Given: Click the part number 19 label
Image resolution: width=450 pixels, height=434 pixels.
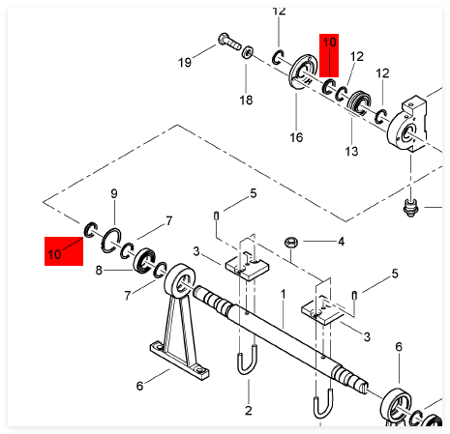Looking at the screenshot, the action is [x=185, y=62].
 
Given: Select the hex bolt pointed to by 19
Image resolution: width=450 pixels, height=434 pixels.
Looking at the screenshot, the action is [x=229, y=42].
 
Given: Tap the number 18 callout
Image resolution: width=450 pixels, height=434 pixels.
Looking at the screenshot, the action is [x=246, y=101].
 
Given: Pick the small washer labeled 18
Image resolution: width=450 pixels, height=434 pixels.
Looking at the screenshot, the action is [x=247, y=52].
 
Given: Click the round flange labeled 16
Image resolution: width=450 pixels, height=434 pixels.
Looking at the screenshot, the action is [x=302, y=72].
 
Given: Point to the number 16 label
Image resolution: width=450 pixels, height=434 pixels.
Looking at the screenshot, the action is [x=296, y=137].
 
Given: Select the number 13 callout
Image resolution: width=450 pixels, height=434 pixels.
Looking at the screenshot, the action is [x=351, y=151].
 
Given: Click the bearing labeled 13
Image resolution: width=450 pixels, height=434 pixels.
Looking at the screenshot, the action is [x=359, y=103].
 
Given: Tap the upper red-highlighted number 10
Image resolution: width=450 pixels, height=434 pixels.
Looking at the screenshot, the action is [x=329, y=43].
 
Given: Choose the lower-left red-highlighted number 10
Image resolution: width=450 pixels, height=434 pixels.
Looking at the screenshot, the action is [x=54, y=254].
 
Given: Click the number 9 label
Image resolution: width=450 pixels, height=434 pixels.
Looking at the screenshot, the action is [x=114, y=193].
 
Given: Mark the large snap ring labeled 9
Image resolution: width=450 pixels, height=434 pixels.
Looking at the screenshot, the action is [x=111, y=239].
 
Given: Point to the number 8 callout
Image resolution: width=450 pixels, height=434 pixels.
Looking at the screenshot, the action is [x=99, y=270].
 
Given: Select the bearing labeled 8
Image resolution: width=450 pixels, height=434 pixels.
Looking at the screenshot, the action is [x=144, y=260].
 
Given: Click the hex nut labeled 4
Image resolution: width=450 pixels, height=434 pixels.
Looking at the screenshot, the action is [x=291, y=242].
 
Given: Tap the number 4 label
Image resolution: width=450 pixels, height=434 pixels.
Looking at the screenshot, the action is [x=341, y=242].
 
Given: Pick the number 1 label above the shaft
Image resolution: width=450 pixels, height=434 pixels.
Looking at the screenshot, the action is [x=283, y=294].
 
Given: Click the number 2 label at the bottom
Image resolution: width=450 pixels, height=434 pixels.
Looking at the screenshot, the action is [x=248, y=411].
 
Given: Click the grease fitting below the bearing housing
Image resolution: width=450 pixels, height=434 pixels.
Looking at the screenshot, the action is [x=410, y=207].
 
